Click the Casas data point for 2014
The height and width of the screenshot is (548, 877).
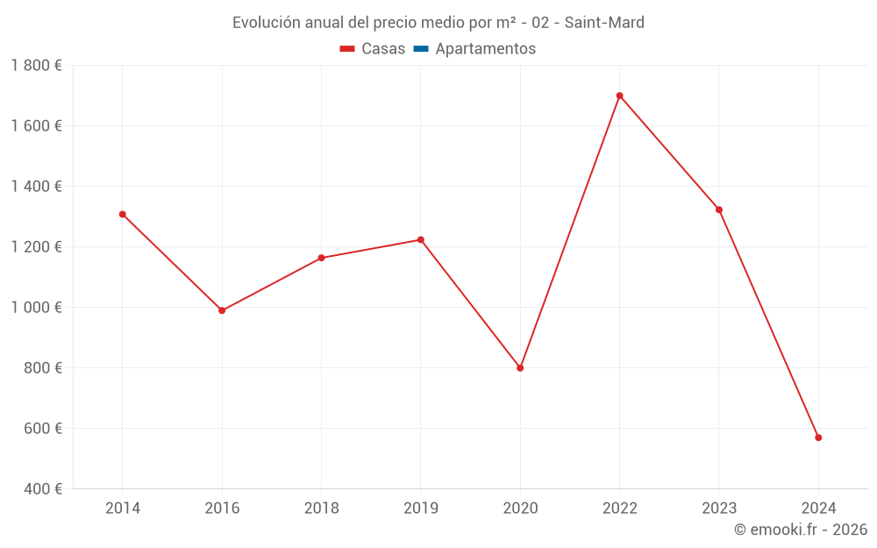[x=123, y=214]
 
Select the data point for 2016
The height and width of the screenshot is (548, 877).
[x=222, y=310]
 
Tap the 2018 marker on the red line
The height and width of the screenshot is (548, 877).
[x=321, y=258]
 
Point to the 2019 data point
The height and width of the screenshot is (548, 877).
[x=421, y=239]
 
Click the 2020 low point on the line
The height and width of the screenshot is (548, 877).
[x=520, y=368]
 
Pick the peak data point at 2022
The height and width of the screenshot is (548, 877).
[x=619, y=96]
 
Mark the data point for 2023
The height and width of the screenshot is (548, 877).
[x=719, y=210]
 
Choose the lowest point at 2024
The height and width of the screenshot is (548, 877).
[x=818, y=438]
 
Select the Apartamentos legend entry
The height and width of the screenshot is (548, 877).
[x=485, y=49]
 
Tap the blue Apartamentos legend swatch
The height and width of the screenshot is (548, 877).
[x=421, y=49]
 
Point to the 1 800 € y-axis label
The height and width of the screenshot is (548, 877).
[x=36, y=66]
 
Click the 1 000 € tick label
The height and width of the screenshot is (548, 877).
[x=36, y=308]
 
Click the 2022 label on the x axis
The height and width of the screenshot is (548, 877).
[x=619, y=508]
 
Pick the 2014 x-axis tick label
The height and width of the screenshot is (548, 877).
[x=123, y=508]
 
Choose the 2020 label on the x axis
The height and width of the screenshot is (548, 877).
[x=520, y=508]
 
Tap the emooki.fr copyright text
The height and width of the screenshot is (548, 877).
[x=801, y=530]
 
